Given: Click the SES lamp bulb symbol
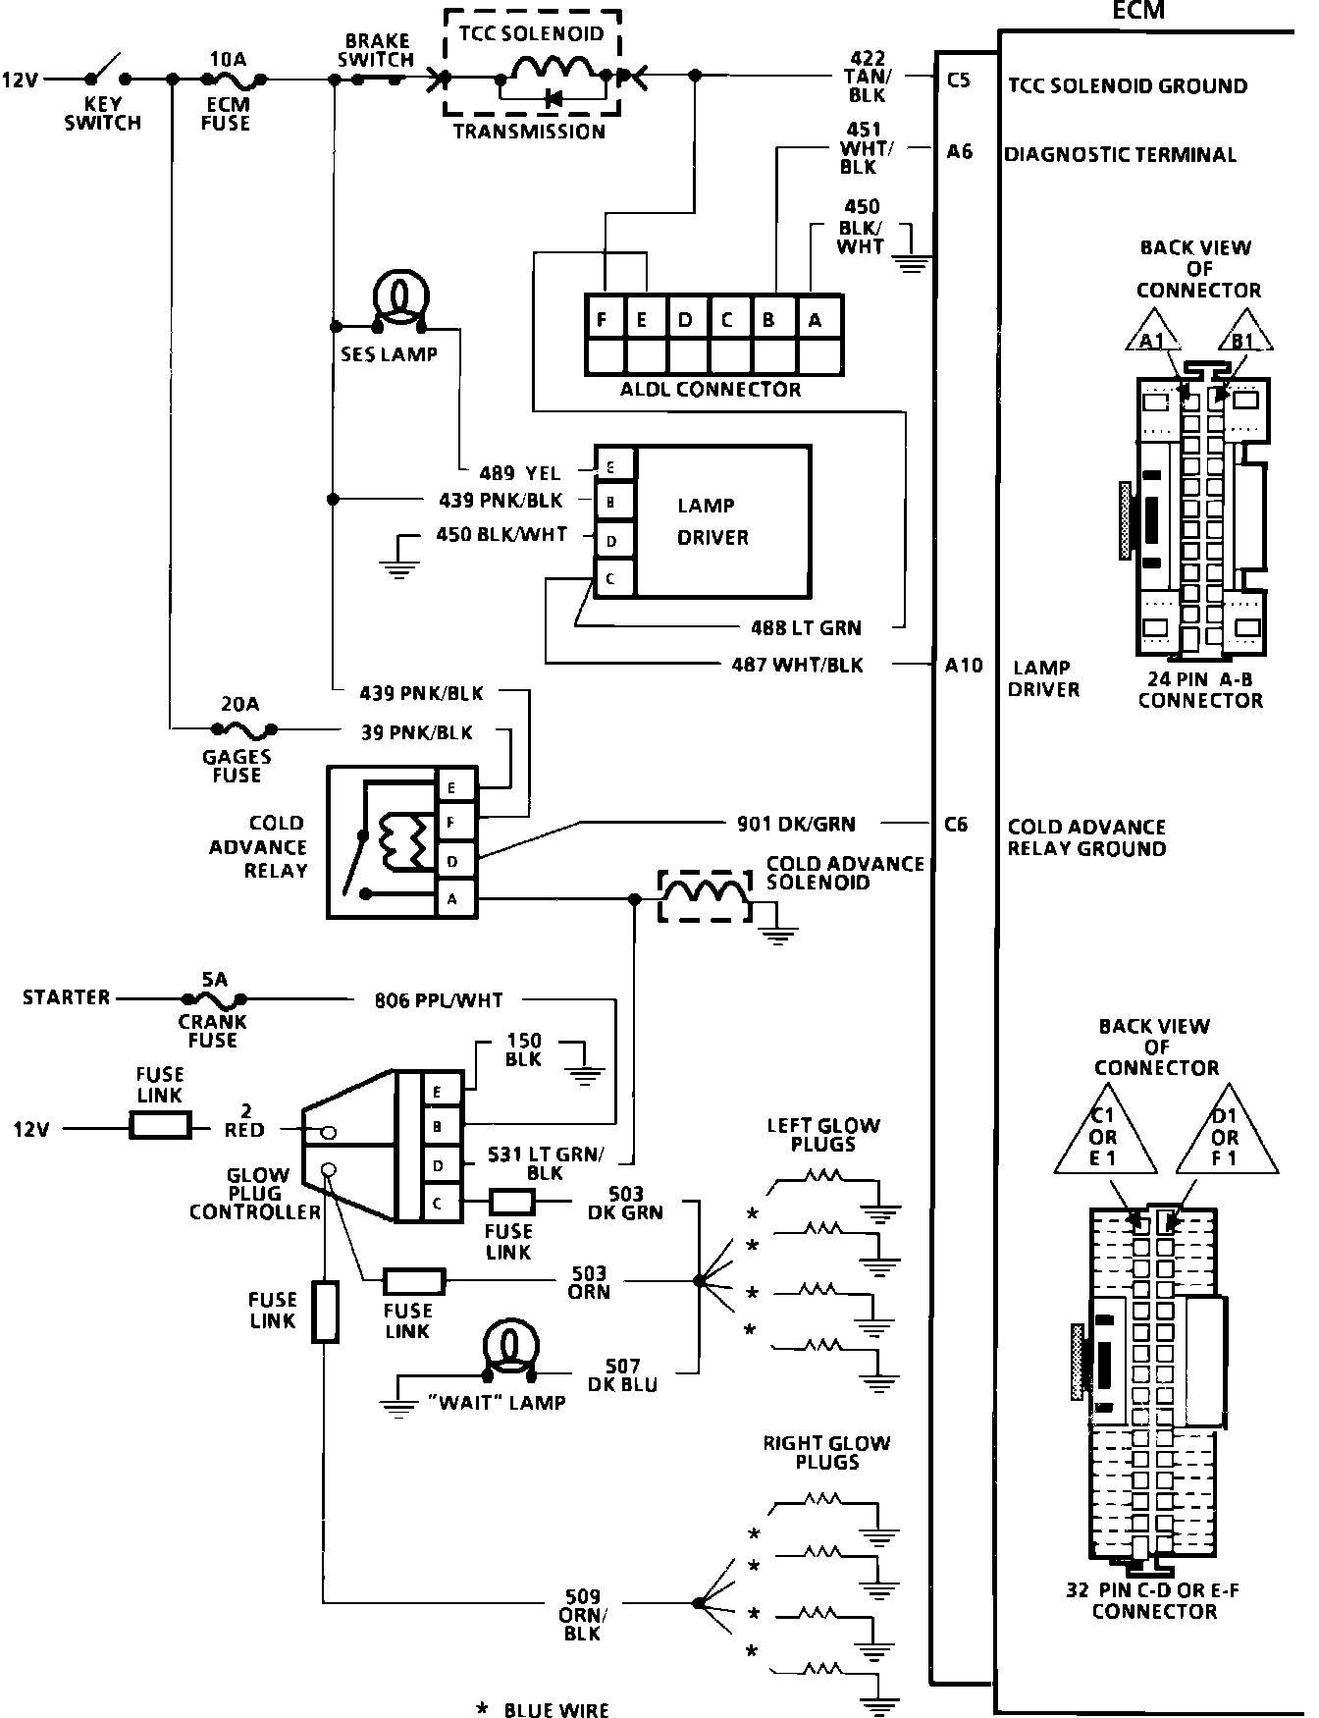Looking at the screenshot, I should [x=399, y=296].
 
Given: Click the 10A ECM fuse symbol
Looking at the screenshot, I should [x=236, y=80].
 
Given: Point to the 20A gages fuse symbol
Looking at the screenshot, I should [x=241, y=729].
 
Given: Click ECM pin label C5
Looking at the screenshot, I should [x=958, y=80].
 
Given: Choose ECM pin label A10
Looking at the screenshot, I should [x=963, y=666].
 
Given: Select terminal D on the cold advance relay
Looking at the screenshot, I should [x=451, y=861].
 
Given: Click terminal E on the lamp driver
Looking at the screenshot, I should [x=610, y=467].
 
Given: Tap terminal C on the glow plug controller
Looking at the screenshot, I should [x=438, y=1203].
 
